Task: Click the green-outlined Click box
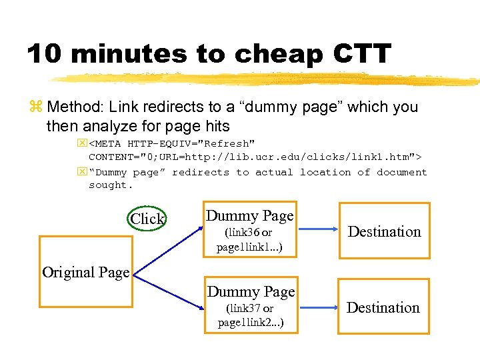(x=147, y=219)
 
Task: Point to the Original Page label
(x=85, y=272)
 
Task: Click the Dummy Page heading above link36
(x=250, y=216)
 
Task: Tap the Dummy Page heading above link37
(x=251, y=292)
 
